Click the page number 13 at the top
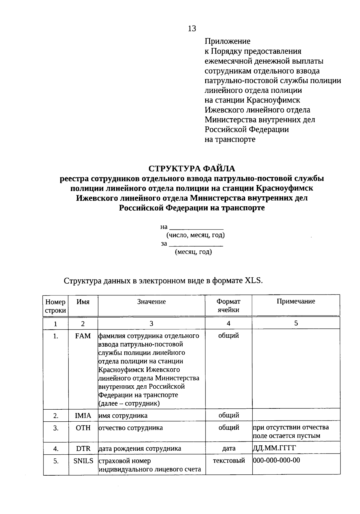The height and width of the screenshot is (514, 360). point(192,28)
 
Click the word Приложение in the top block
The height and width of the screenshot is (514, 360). point(227,41)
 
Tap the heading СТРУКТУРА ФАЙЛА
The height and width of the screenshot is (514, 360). point(192,168)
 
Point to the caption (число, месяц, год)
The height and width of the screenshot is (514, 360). point(196,235)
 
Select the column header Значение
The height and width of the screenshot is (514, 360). point(151,302)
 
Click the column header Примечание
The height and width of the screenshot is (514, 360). point(296,301)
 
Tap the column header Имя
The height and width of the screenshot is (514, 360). point(83,302)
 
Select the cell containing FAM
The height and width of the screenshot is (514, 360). point(83,336)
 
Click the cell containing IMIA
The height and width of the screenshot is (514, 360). point(83,416)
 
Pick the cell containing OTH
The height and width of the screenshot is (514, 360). point(83,428)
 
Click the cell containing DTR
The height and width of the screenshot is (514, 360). point(83,449)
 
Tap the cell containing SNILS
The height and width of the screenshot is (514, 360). point(83,461)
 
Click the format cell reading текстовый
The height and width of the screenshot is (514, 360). point(229,460)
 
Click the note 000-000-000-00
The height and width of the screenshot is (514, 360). point(276,460)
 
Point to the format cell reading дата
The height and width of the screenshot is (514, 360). point(229,448)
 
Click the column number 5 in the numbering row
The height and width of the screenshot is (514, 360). point(296,323)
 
